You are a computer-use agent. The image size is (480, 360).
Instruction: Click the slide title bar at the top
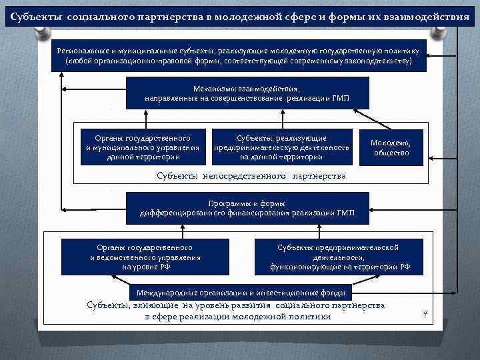click(x=239, y=15)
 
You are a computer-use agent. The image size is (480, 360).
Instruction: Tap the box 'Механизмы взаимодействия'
click(x=247, y=93)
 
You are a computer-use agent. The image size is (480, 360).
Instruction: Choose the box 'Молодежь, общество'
click(x=391, y=148)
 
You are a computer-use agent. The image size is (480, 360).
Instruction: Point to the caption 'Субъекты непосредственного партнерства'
click(x=251, y=176)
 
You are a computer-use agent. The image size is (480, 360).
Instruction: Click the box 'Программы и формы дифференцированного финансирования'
click(x=247, y=208)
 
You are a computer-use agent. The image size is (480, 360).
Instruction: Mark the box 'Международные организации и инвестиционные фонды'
click(x=241, y=293)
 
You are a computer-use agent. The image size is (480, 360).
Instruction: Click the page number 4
click(x=425, y=313)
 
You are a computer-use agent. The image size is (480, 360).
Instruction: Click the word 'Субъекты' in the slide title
click(x=37, y=15)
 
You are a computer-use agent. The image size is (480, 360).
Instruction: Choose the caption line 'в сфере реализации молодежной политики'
click(x=237, y=317)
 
